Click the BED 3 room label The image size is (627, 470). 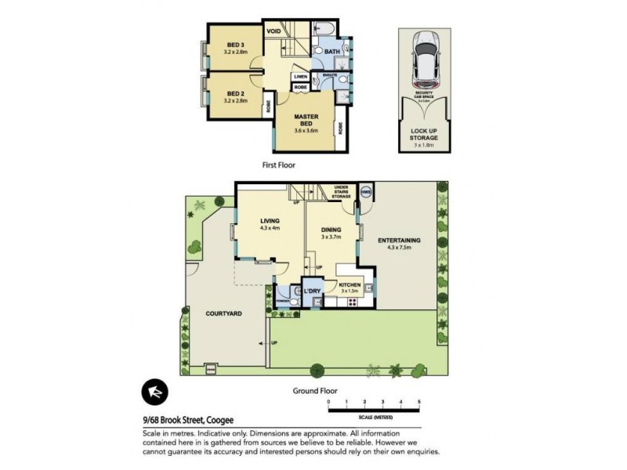(x=236, y=45)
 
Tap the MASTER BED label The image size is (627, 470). (x=306, y=120)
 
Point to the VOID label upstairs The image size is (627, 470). (x=274, y=31)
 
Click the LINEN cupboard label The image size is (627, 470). (x=300, y=76)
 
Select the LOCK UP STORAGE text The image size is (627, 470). (x=424, y=134)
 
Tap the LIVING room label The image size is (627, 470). (x=270, y=221)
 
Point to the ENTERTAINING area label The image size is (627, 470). (x=400, y=240)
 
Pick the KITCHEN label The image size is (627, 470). (x=348, y=284)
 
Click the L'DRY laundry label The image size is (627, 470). (x=313, y=291)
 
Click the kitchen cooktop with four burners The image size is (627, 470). (x=348, y=300)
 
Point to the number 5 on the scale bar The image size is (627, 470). (x=419, y=401)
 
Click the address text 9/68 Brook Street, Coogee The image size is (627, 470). (x=189, y=421)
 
